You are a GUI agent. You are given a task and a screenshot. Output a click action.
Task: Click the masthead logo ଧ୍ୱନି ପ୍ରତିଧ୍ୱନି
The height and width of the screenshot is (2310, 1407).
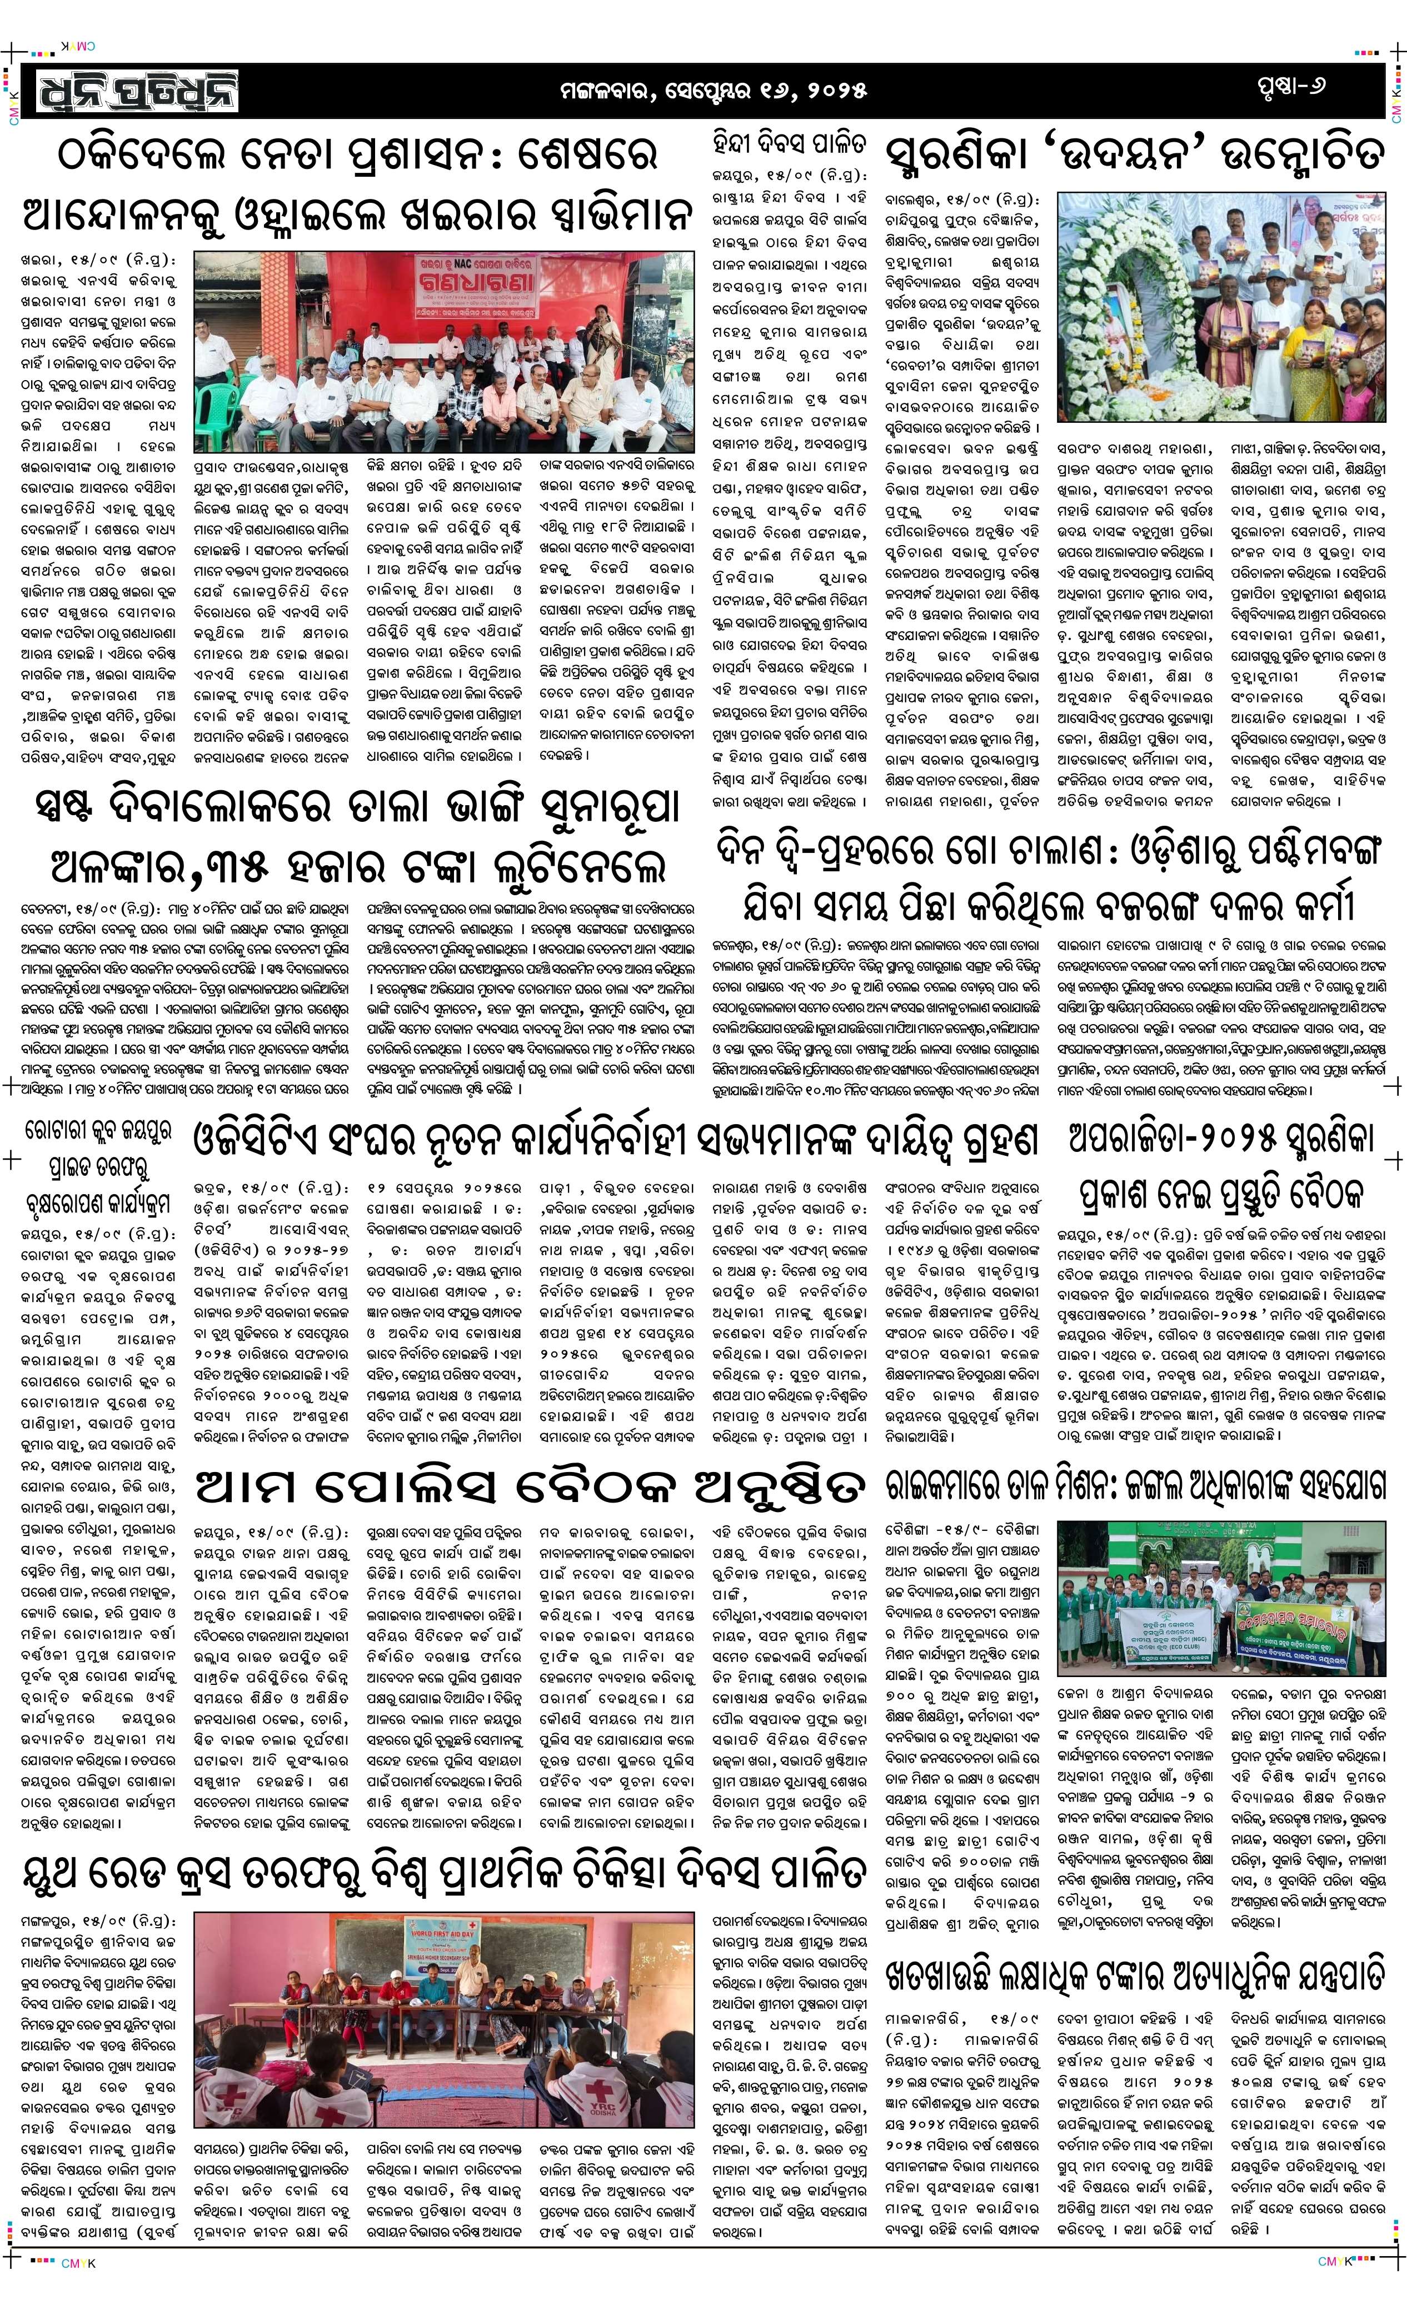click(x=139, y=91)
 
